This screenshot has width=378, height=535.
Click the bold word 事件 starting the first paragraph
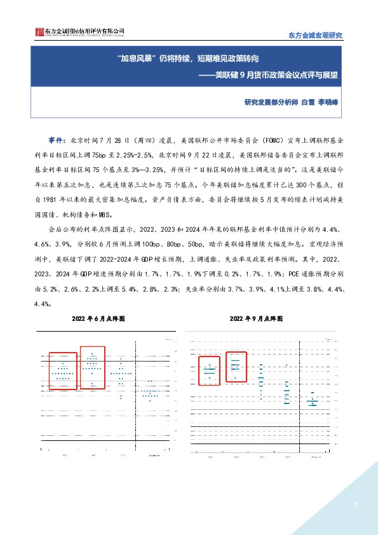(x=57, y=139)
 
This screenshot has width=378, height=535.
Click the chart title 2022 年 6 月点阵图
(x=98, y=317)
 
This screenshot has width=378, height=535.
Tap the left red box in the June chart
(x=62, y=370)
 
